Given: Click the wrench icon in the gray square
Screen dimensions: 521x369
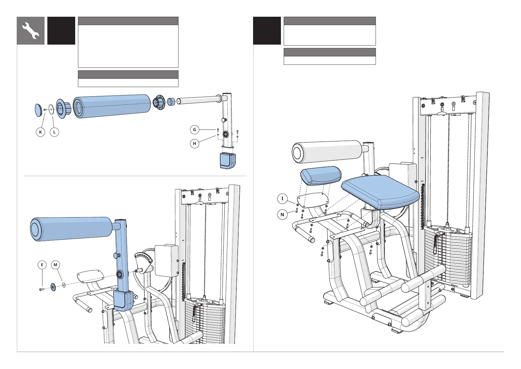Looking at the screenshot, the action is pos(31,31).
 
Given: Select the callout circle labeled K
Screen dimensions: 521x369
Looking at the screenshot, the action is pos(41,132).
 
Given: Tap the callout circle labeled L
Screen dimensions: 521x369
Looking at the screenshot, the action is pos(54,132).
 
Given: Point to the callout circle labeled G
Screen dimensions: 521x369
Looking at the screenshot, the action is pos(195,130).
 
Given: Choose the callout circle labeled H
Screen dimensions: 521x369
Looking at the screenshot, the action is pos(195,143).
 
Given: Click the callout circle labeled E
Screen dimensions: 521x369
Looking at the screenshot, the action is pos(42,265).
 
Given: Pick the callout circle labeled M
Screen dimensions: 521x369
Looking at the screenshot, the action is pos(55,265).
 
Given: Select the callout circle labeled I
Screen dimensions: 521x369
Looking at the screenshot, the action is pos(282,198).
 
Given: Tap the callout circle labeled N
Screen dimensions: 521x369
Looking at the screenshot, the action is pos(282,214).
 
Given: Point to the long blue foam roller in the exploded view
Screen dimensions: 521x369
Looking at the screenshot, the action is pos(112,106).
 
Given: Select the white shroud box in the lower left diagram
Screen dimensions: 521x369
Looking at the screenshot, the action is pos(166,260).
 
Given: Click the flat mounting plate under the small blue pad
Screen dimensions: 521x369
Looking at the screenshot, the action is pos(312,200).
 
